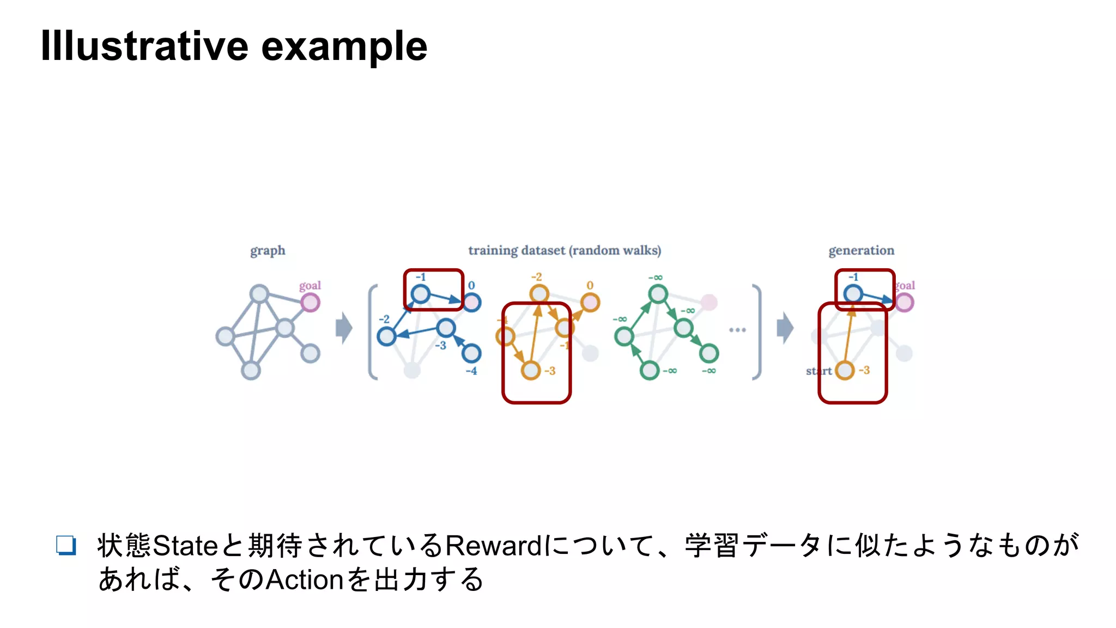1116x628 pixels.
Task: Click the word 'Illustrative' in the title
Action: point(144,46)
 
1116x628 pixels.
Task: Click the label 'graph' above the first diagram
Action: point(268,251)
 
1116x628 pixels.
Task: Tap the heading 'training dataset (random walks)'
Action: point(565,251)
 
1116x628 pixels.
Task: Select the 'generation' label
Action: point(861,251)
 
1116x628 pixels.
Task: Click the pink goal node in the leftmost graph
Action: point(310,302)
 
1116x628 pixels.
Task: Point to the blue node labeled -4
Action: point(471,353)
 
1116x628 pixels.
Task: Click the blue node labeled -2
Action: point(386,336)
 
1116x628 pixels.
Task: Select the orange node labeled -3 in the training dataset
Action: point(530,371)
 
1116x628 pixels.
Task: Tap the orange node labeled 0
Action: point(590,302)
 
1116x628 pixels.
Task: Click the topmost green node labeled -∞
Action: point(658,294)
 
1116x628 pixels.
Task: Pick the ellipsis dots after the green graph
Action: point(737,330)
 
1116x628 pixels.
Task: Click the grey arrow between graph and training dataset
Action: point(344,328)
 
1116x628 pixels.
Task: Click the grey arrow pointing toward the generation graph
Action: point(785,328)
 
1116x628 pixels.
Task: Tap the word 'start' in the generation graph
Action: point(818,371)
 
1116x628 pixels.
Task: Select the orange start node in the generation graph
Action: point(845,371)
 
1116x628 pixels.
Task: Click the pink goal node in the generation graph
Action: point(904,302)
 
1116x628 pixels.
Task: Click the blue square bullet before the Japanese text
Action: point(66,545)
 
